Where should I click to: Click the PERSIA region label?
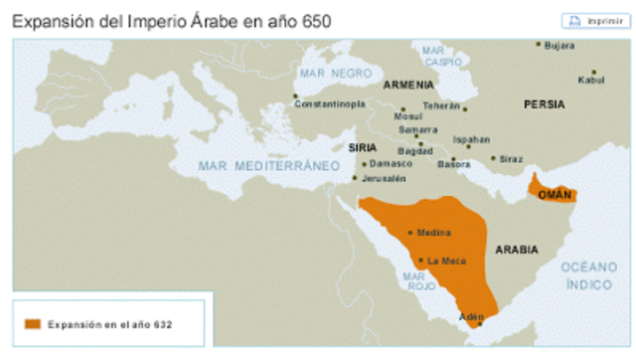click(545, 103)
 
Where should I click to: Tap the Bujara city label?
click(560, 45)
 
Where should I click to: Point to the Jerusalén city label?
click(383, 178)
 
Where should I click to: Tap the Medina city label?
click(433, 233)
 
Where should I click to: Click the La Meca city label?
click(446, 262)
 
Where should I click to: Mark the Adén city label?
click(471, 316)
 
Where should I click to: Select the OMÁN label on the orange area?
click(554, 194)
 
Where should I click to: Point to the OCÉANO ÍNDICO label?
click(589, 275)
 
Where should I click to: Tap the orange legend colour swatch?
click(34, 323)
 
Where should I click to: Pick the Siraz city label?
click(511, 159)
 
